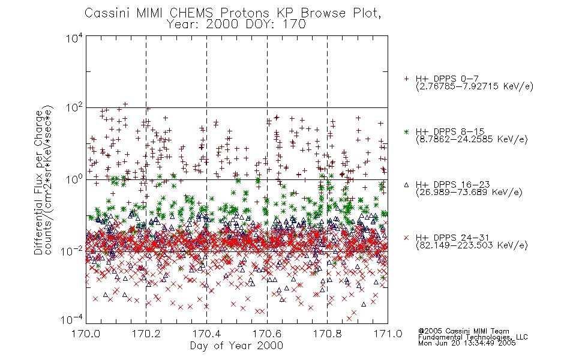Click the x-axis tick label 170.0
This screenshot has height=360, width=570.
click(86, 334)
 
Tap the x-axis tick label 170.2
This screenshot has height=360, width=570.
click(146, 334)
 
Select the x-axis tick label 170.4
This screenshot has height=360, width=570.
click(206, 334)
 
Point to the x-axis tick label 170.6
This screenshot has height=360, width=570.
click(267, 334)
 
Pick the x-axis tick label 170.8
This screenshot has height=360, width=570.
click(327, 334)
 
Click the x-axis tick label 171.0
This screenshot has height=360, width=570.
click(388, 334)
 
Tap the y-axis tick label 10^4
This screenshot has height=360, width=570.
click(74, 38)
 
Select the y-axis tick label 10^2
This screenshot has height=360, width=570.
click(74, 109)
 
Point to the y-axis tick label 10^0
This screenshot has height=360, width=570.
click(74, 179)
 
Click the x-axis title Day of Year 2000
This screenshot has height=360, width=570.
click(236, 346)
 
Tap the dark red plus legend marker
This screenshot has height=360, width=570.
click(406, 79)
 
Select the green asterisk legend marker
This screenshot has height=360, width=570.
click(406, 131)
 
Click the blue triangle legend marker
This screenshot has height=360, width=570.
click(406, 185)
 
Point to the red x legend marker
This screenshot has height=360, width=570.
click(406, 238)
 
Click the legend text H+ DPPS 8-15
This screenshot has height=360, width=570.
click(450, 131)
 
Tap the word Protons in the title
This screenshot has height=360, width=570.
click(245, 13)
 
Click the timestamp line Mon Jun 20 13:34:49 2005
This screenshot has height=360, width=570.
click(467, 343)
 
